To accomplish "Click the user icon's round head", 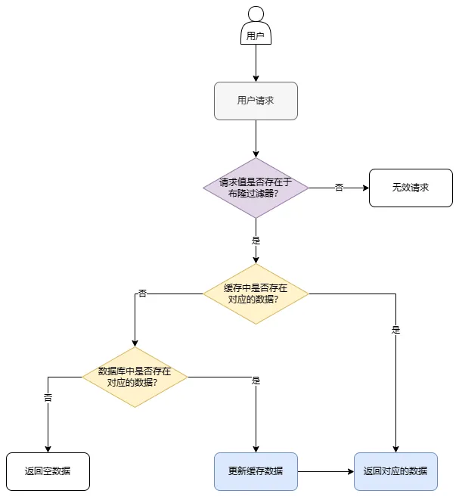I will click(x=256, y=14).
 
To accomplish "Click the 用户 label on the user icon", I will click(x=256, y=36).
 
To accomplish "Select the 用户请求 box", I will click(x=256, y=101).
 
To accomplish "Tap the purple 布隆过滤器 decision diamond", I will click(x=256, y=188).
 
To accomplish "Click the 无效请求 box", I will click(x=411, y=188).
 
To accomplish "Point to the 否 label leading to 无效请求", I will click(x=339, y=188).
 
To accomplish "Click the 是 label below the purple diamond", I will click(x=256, y=240).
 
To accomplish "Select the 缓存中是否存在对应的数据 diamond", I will click(x=256, y=294).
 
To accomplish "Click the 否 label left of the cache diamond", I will click(x=142, y=294).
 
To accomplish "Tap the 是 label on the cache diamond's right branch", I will click(x=395, y=330).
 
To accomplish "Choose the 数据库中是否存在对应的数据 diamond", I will click(x=135, y=377).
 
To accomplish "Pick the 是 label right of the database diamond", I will click(x=256, y=381).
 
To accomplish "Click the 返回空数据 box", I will click(x=48, y=471).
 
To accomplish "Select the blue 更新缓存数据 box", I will click(x=256, y=471).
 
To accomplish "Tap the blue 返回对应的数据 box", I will click(x=395, y=471).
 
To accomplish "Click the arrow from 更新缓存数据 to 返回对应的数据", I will click(x=325, y=471).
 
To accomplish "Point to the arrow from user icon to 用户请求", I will click(x=256, y=63).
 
